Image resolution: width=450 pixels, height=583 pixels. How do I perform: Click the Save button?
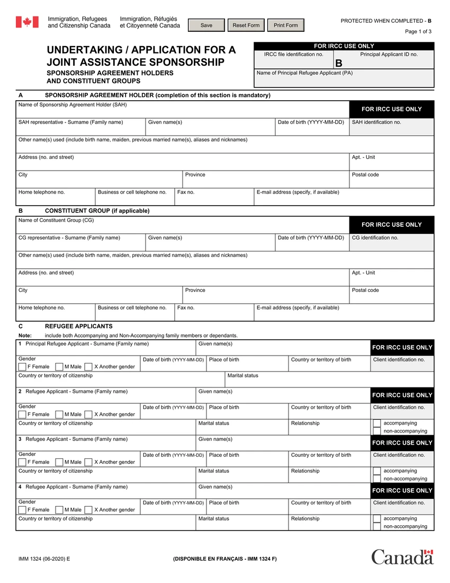[206, 25]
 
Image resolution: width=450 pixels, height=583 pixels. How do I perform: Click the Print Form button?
[285, 25]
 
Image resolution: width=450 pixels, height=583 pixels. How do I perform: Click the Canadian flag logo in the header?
[26, 22]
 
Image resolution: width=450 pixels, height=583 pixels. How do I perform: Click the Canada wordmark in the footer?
[402, 557]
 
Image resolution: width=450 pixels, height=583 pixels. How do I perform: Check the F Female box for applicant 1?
[22, 367]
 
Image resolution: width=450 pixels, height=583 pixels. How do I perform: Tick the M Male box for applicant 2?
[59, 414]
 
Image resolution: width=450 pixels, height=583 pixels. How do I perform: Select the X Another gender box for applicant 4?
[88, 510]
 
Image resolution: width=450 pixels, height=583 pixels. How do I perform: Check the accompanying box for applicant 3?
[376, 471]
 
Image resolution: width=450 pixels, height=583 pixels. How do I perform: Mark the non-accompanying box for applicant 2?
[376, 431]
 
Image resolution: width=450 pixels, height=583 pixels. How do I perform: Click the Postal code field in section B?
[391, 297]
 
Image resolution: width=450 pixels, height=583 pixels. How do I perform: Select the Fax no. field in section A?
[214, 198]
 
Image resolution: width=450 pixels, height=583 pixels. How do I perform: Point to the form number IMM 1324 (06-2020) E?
[44, 559]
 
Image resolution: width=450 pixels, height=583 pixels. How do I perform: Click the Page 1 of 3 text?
[418, 32]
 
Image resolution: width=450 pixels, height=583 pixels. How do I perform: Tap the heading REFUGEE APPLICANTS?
[78, 326]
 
